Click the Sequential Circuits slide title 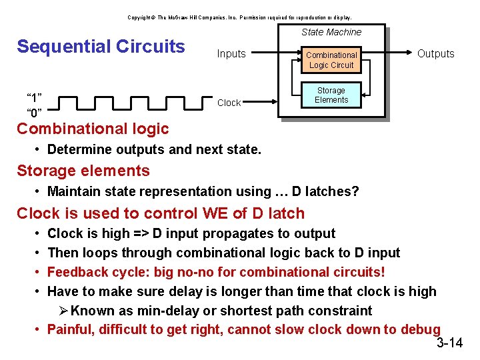tap(101, 47)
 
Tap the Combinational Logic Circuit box tap(331, 60)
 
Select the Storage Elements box tap(331, 95)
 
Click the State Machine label tap(331, 32)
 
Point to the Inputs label tap(231, 54)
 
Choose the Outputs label tap(435, 54)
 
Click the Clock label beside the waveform tap(229, 103)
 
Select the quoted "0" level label tap(35, 111)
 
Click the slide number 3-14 tap(449, 343)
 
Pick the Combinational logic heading tap(93, 129)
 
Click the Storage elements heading tap(83, 171)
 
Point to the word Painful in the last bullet tap(71, 329)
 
